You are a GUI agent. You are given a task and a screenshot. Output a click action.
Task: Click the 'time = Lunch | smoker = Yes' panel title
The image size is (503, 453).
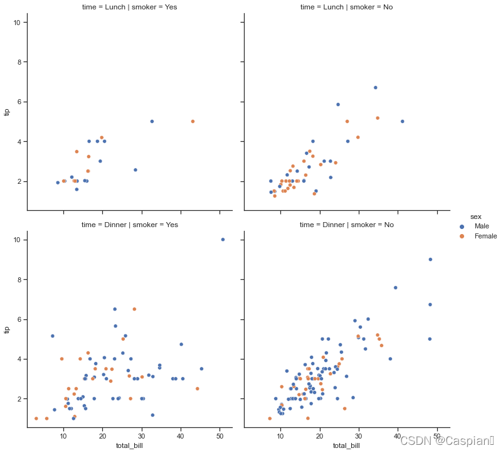click(129, 7)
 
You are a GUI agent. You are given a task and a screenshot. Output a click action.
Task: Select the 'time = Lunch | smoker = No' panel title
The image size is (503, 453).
click(346, 7)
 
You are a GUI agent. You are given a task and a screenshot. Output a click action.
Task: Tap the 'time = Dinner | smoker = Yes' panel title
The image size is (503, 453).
click(130, 225)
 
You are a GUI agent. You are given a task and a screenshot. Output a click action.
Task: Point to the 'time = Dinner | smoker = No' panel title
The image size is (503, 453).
click(347, 225)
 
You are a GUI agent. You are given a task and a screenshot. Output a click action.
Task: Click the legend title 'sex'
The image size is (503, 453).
click(476, 217)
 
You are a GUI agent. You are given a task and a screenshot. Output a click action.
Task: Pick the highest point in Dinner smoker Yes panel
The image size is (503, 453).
click(223, 239)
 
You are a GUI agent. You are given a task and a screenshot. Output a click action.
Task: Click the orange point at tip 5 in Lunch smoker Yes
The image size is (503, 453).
click(193, 121)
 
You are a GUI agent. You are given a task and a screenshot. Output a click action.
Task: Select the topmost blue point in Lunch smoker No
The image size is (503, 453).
click(376, 88)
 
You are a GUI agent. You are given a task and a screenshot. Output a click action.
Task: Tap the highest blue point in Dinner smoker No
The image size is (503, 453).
click(430, 259)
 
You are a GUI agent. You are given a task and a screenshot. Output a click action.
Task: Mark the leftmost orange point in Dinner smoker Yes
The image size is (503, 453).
click(36, 418)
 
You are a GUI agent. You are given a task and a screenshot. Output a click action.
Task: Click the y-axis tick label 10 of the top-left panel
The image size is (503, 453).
click(17, 23)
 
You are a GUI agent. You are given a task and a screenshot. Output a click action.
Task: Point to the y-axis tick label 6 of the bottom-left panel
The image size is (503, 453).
click(19, 319)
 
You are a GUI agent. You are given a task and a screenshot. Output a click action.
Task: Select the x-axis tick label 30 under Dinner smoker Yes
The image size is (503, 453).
click(142, 436)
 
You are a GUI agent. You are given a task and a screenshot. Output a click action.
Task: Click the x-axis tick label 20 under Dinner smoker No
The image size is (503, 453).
click(319, 436)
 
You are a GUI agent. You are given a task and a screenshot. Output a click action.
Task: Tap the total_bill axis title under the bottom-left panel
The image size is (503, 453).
click(129, 445)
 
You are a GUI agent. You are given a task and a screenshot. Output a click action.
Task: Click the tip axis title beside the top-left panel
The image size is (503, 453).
click(7, 112)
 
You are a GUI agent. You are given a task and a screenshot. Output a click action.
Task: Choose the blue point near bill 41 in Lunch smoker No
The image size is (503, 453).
click(403, 121)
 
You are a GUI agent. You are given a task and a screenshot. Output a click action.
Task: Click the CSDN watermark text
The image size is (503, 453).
click(447, 441)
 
